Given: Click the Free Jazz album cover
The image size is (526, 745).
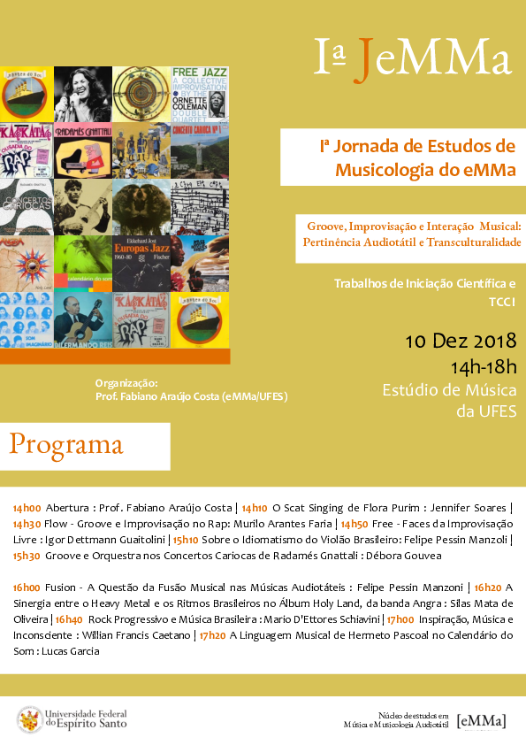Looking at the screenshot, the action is coord(201,93).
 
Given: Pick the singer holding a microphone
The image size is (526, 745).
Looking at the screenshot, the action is coord(82,93).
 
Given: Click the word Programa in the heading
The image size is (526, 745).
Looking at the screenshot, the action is coord(66,444).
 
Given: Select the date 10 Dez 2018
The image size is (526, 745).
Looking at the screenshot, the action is coord(461,341).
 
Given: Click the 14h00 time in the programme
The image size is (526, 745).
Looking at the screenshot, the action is coord(27,508).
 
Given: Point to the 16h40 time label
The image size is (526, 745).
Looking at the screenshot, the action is coord(69,619).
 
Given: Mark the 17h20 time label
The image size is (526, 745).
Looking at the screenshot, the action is coord(212,635).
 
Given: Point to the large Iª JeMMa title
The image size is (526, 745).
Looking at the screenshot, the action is coord(414,58).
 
